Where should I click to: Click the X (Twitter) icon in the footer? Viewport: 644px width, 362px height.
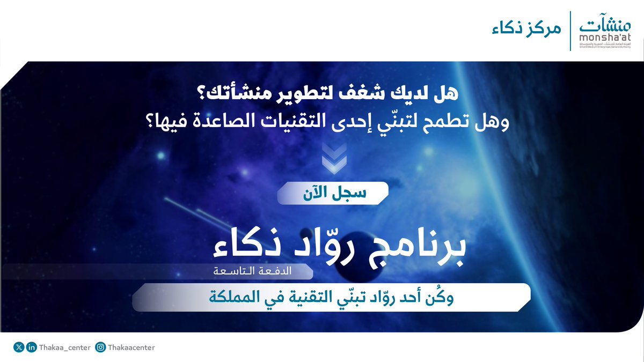click(x=19, y=348)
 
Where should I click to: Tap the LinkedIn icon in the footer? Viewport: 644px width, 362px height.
click(x=31, y=348)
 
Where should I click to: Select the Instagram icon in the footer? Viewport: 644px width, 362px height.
click(x=100, y=348)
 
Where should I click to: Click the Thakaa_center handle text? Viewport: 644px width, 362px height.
click(x=65, y=348)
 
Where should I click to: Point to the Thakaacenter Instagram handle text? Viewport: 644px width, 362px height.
click(x=131, y=348)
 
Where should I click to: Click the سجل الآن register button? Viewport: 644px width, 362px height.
click(x=333, y=193)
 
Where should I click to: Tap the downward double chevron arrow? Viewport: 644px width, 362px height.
click(x=334, y=158)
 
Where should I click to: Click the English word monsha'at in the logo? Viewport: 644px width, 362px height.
click(x=605, y=38)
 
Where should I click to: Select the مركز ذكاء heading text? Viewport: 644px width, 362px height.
click(x=526, y=29)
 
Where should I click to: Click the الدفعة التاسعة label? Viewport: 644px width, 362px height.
click(x=252, y=271)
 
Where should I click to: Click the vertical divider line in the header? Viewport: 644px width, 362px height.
click(x=570, y=31)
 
